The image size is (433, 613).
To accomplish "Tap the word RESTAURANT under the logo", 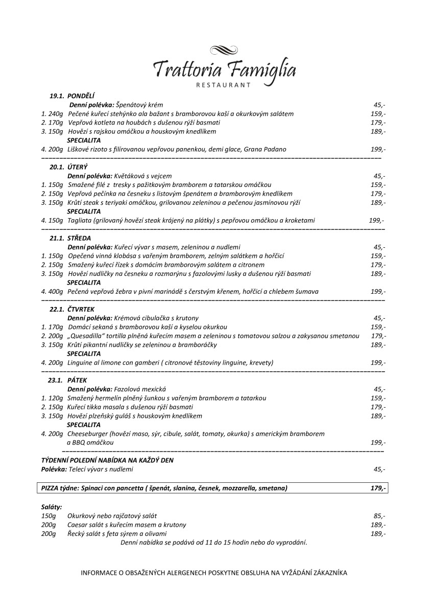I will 224,85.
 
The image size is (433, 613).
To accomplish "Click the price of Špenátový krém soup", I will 379,105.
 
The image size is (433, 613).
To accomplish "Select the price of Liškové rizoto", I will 378,150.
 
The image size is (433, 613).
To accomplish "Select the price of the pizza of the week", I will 378,488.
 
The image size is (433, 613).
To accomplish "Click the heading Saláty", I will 52,507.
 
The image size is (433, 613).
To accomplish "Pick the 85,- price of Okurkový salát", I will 379,516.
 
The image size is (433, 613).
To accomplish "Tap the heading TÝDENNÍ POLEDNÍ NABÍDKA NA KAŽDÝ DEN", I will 107,460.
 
